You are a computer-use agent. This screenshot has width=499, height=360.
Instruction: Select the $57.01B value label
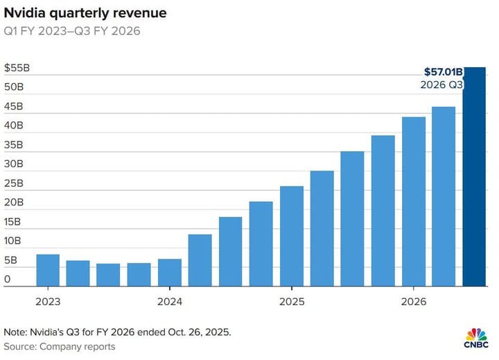pyautogui.click(x=443, y=71)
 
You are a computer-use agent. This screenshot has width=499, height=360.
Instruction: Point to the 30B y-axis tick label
pyautogui.click(x=13, y=164)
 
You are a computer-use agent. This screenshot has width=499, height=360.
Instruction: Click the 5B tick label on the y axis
pyautogui.click(x=10, y=260)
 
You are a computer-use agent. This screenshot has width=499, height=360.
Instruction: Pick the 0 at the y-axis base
pyautogui.click(x=7, y=280)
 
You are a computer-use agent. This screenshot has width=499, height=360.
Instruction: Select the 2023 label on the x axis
pyautogui.click(x=48, y=302)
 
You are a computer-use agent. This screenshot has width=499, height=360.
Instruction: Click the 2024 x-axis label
pyautogui.click(x=170, y=302)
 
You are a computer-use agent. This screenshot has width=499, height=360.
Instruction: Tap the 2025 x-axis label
pyautogui.click(x=291, y=302)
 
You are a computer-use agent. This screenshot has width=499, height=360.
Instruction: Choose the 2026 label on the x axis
pyautogui.click(x=413, y=302)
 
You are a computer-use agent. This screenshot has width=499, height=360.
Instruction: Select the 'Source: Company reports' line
pyautogui.click(x=60, y=346)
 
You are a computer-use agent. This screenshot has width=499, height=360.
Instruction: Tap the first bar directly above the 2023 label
pyautogui.click(x=48, y=270)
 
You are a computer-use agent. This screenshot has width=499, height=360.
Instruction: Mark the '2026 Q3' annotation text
pyautogui.click(x=441, y=85)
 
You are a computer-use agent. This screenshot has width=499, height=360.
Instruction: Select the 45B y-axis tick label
pyautogui.click(x=13, y=107)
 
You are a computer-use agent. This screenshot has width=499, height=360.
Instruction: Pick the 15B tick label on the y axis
pyautogui.click(x=13, y=222)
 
